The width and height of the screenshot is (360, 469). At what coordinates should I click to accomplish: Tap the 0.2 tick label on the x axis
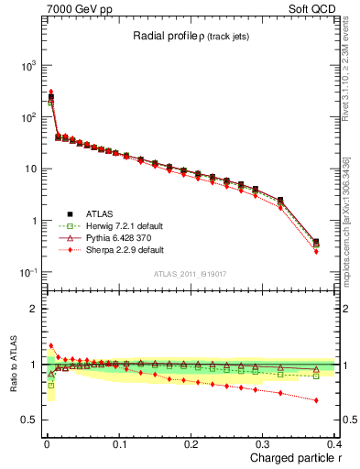(x=191, y=443)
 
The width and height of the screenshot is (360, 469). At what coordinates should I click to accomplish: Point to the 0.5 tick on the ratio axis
(x=29, y=420)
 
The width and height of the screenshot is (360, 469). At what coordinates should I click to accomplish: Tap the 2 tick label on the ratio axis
(x=35, y=309)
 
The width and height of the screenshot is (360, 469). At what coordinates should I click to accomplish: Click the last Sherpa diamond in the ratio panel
(x=316, y=399)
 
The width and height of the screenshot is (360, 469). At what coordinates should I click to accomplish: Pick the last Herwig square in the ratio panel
(x=316, y=376)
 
